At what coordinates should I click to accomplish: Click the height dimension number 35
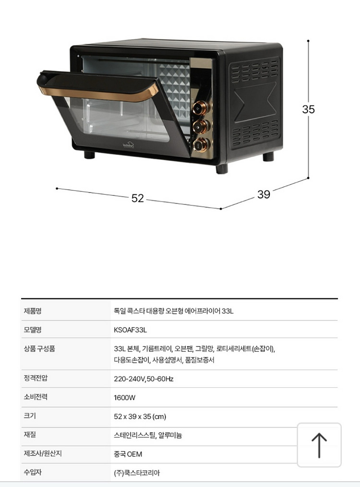point(309,109)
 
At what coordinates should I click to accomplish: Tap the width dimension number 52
point(138,198)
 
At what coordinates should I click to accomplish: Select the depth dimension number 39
point(264,194)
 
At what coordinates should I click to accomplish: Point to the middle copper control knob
point(201,126)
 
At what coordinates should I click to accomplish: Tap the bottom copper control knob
point(201,145)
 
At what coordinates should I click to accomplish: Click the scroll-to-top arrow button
point(319,445)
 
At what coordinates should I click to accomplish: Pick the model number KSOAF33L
point(130,330)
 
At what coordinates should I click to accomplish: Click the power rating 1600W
point(124,398)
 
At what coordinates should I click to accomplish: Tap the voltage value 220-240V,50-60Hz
point(144,379)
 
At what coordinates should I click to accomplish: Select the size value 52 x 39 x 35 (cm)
point(140,416)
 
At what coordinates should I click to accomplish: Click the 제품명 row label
point(33,311)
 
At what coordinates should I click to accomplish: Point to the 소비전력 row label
point(36,397)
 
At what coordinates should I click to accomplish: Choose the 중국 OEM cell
point(128,454)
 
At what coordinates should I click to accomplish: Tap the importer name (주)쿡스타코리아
point(137,473)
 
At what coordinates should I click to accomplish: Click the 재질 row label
point(30,435)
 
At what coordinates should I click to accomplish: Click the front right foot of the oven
point(222,168)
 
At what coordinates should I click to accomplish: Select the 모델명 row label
point(33,330)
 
